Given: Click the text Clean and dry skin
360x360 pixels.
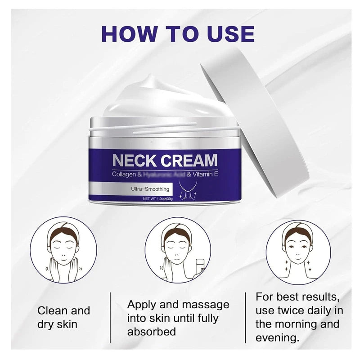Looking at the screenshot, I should pyautogui.click(x=63, y=317).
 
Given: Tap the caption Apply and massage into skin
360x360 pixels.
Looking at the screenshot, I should pyautogui.click(x=178, y=318).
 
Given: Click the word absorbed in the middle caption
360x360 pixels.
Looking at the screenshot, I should pyautogui.click(x=151, y=332).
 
